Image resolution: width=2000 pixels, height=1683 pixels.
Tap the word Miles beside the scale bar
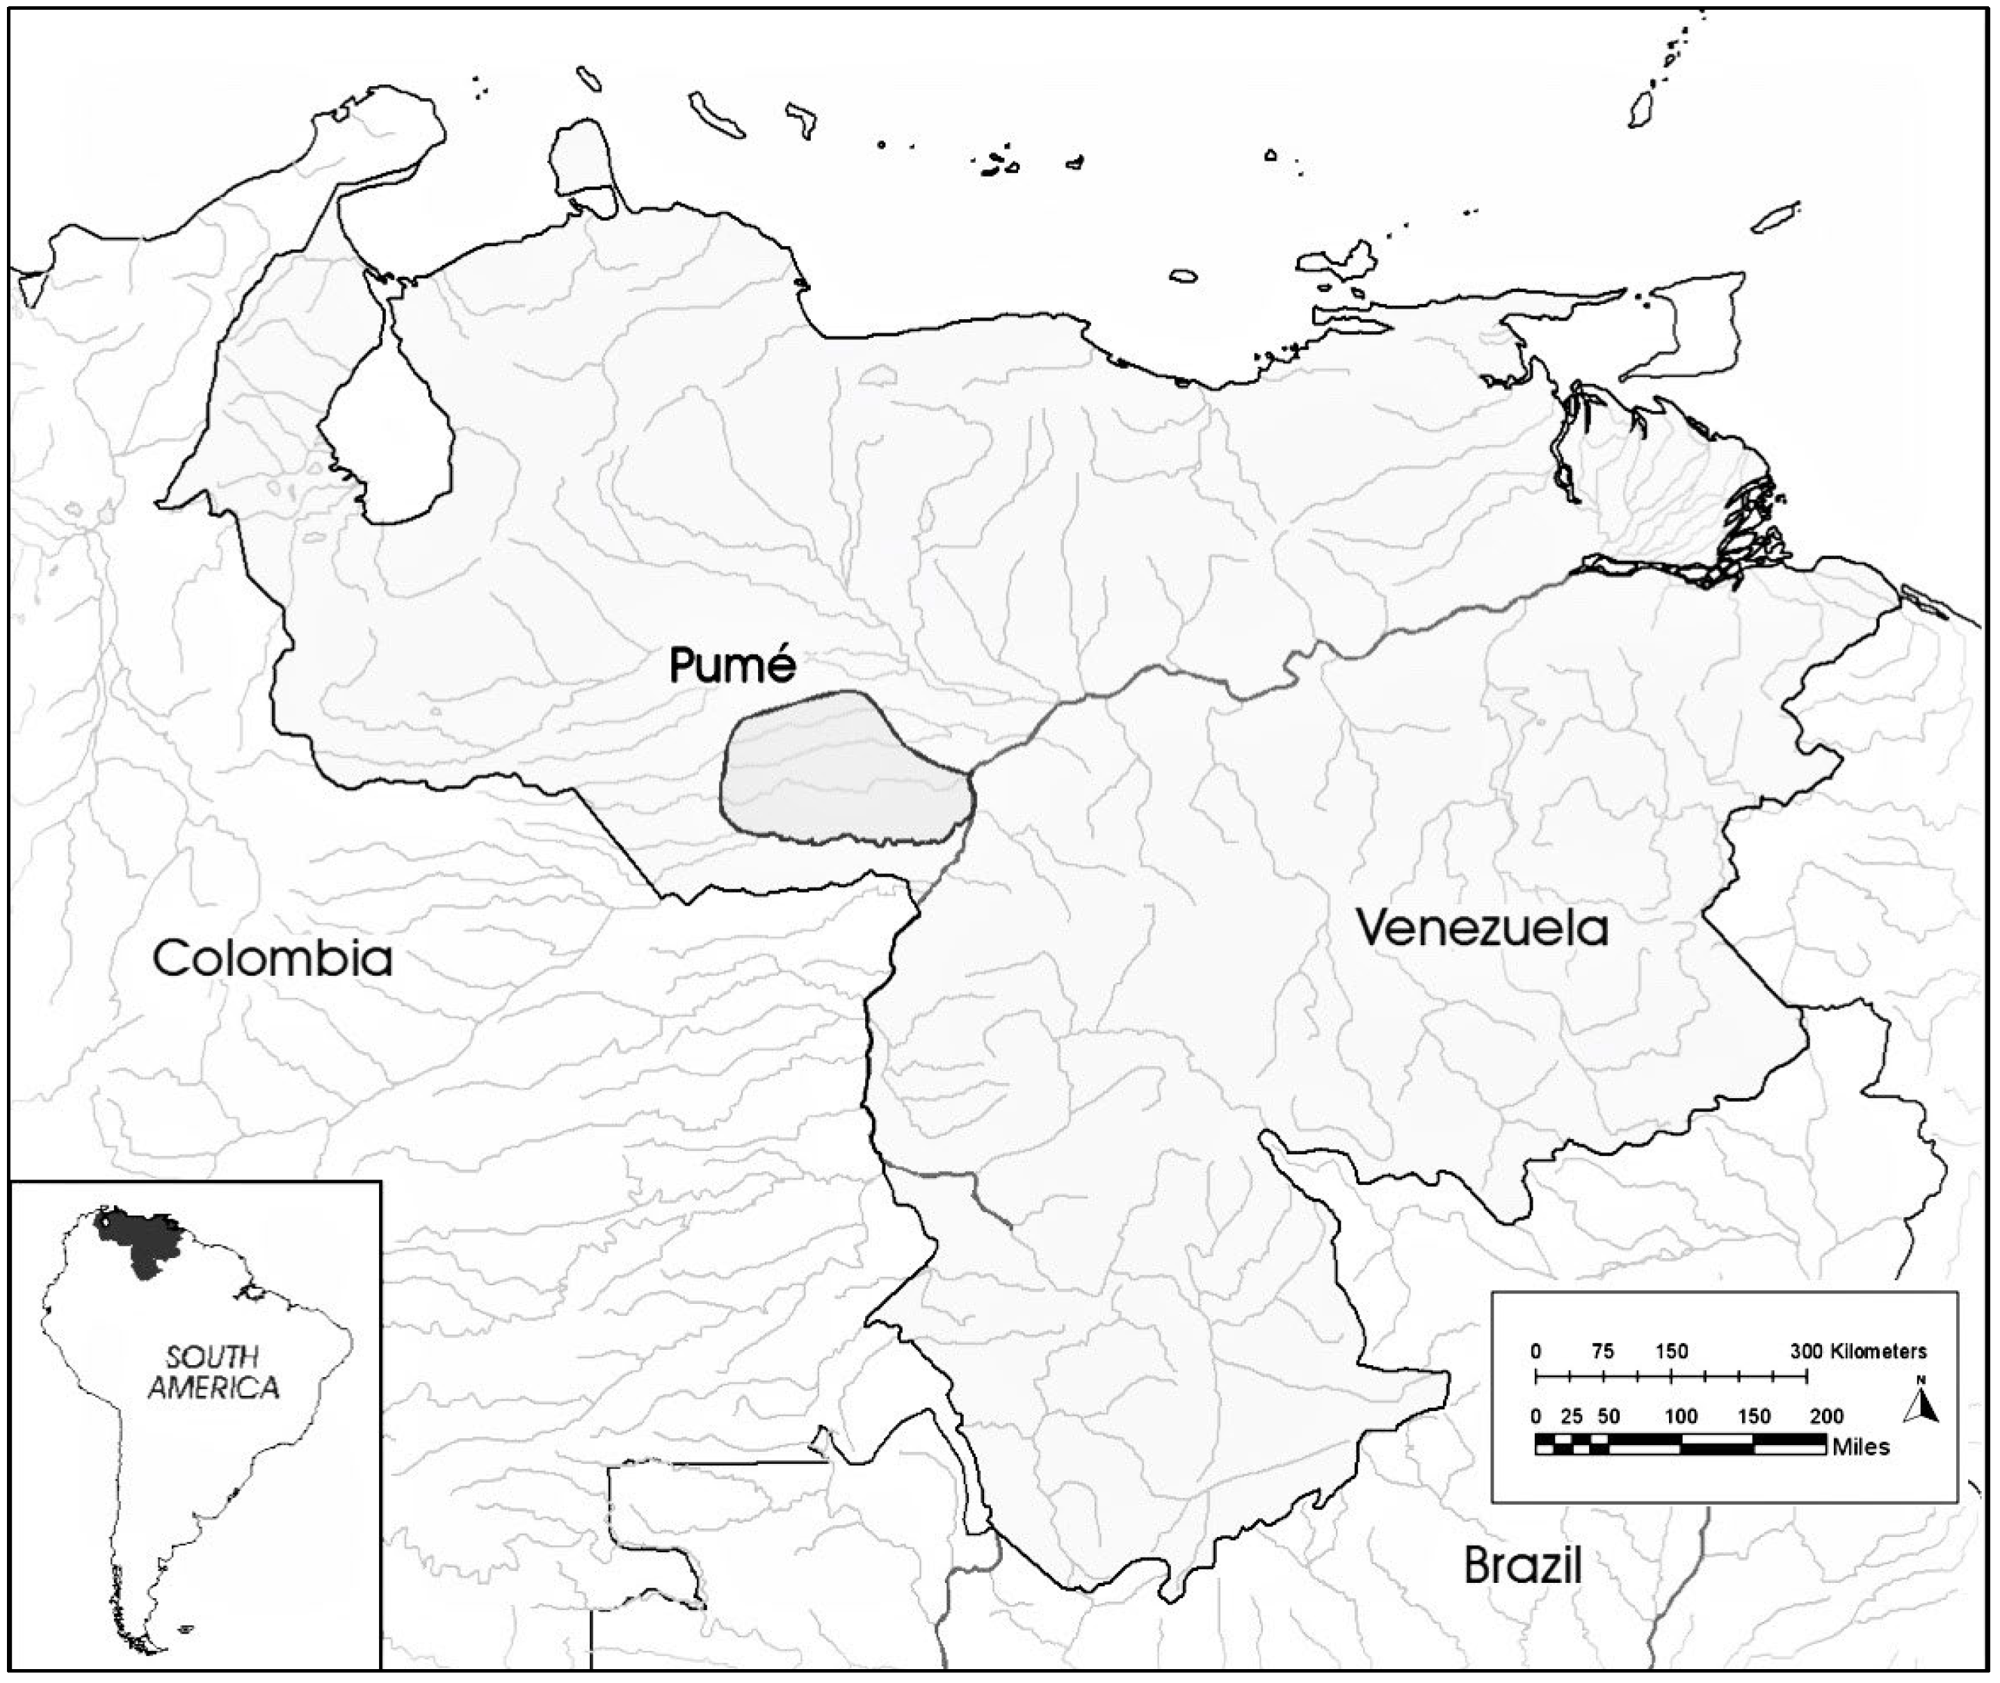(x=1861, y=1447)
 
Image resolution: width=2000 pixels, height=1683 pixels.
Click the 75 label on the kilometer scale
(x=1603, y=1351)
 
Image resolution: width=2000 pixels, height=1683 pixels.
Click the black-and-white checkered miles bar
(x=1679, y=1444)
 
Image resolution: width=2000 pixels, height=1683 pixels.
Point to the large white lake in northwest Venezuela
(x=387, y=449)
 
